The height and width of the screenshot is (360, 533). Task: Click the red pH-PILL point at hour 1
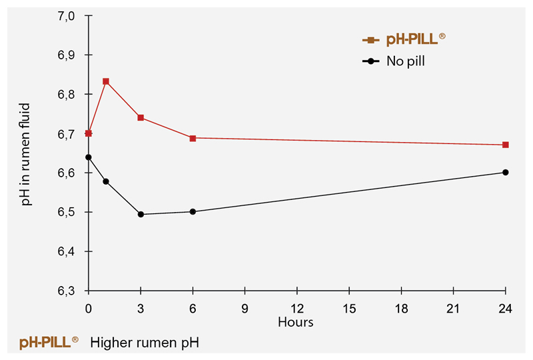pyautogui.click(x=106, y=81)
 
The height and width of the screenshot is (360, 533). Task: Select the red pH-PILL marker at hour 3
pyautogui.click(x=141, y=117)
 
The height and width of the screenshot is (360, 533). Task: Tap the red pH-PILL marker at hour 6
pyautogui.click(x=193, y=138)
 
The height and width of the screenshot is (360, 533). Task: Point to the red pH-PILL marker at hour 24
pyautogui.click(x=506, y=145)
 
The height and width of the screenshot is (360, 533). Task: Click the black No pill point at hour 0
pyautogui.click(x=89, y=157)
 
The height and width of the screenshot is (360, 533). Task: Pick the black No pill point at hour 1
pyautogui.click(x=106, y=181)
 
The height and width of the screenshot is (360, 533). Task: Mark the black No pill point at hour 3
pyautogui.click(x=141, y=214)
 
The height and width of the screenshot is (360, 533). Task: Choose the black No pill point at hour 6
pyautogui.click(x=193, y=211)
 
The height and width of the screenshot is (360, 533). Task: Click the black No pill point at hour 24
pyautogui.click(x=506, y=172)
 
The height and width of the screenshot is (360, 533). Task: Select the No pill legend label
pyautogui.click(x=406, y=61)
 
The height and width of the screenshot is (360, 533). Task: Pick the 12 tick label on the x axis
pyautogui.click(x=297, y=309)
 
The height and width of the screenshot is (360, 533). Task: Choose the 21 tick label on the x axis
pyautogui.click(x=453, y=309)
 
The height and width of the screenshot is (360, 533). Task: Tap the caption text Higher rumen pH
pyautogui.click(x=145, y=343)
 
